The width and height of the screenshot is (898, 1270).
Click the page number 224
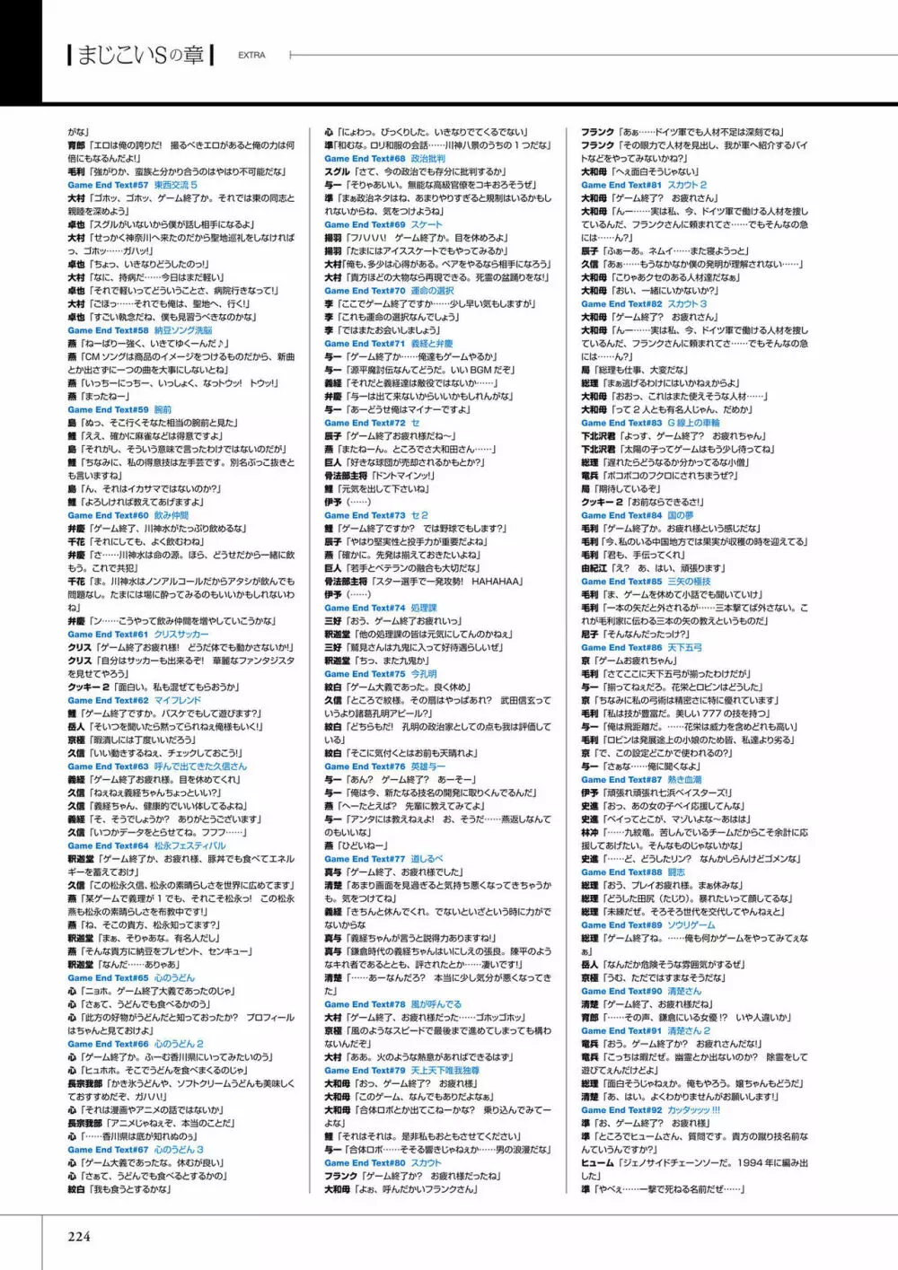pyautogui.click(x=79, y=1236)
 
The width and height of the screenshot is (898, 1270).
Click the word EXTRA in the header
pyautogui.click(x=251, y=55)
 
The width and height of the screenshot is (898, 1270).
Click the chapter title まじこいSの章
pyautogui.click(x=141, y=55)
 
